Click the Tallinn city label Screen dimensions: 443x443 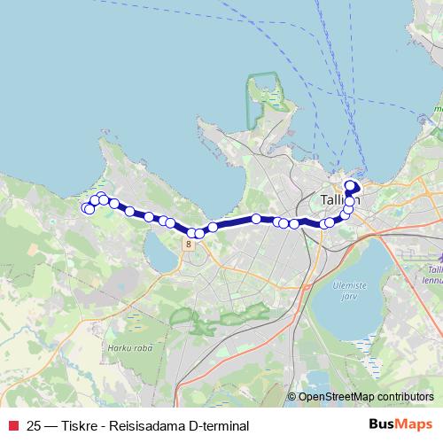pos(342,198)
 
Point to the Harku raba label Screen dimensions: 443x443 pos(128,347)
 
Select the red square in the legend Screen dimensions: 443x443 pos(12,425)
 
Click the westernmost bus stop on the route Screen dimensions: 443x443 pos(86,208)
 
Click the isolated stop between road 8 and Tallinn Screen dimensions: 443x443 pos(256,218)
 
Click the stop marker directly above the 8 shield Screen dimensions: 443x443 pos(191,232)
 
